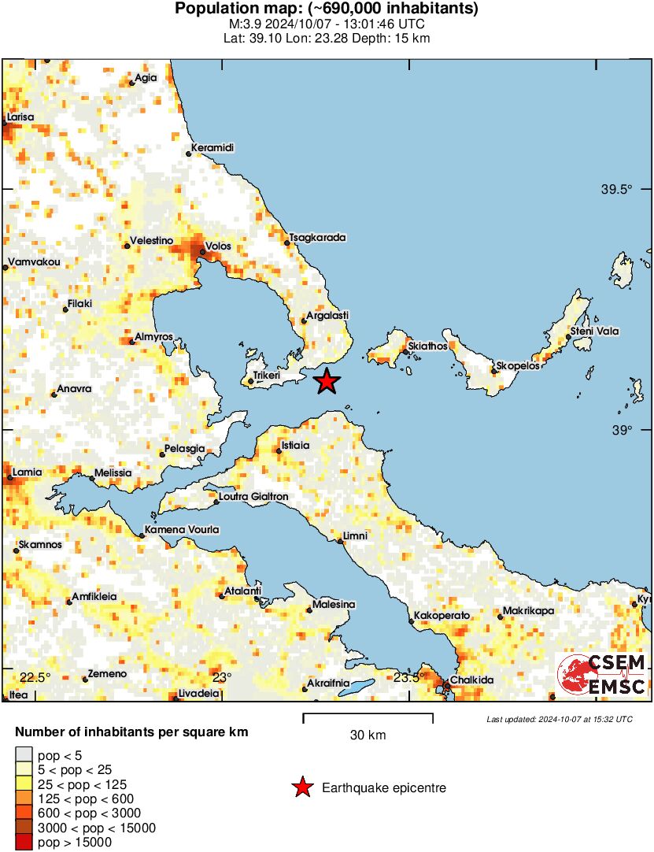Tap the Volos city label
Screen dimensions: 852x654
219,246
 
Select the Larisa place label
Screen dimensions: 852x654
20,117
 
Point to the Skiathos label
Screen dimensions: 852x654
428,346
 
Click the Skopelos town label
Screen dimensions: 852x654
517,367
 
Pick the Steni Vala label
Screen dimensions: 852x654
595,332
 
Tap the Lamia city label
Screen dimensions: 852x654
27,472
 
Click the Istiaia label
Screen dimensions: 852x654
296,446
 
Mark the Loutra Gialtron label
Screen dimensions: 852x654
255,497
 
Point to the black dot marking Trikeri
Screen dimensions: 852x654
251,382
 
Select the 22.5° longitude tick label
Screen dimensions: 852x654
35,678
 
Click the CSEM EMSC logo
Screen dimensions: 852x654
602,675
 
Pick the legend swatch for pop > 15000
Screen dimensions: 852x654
24,843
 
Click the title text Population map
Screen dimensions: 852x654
326,9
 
